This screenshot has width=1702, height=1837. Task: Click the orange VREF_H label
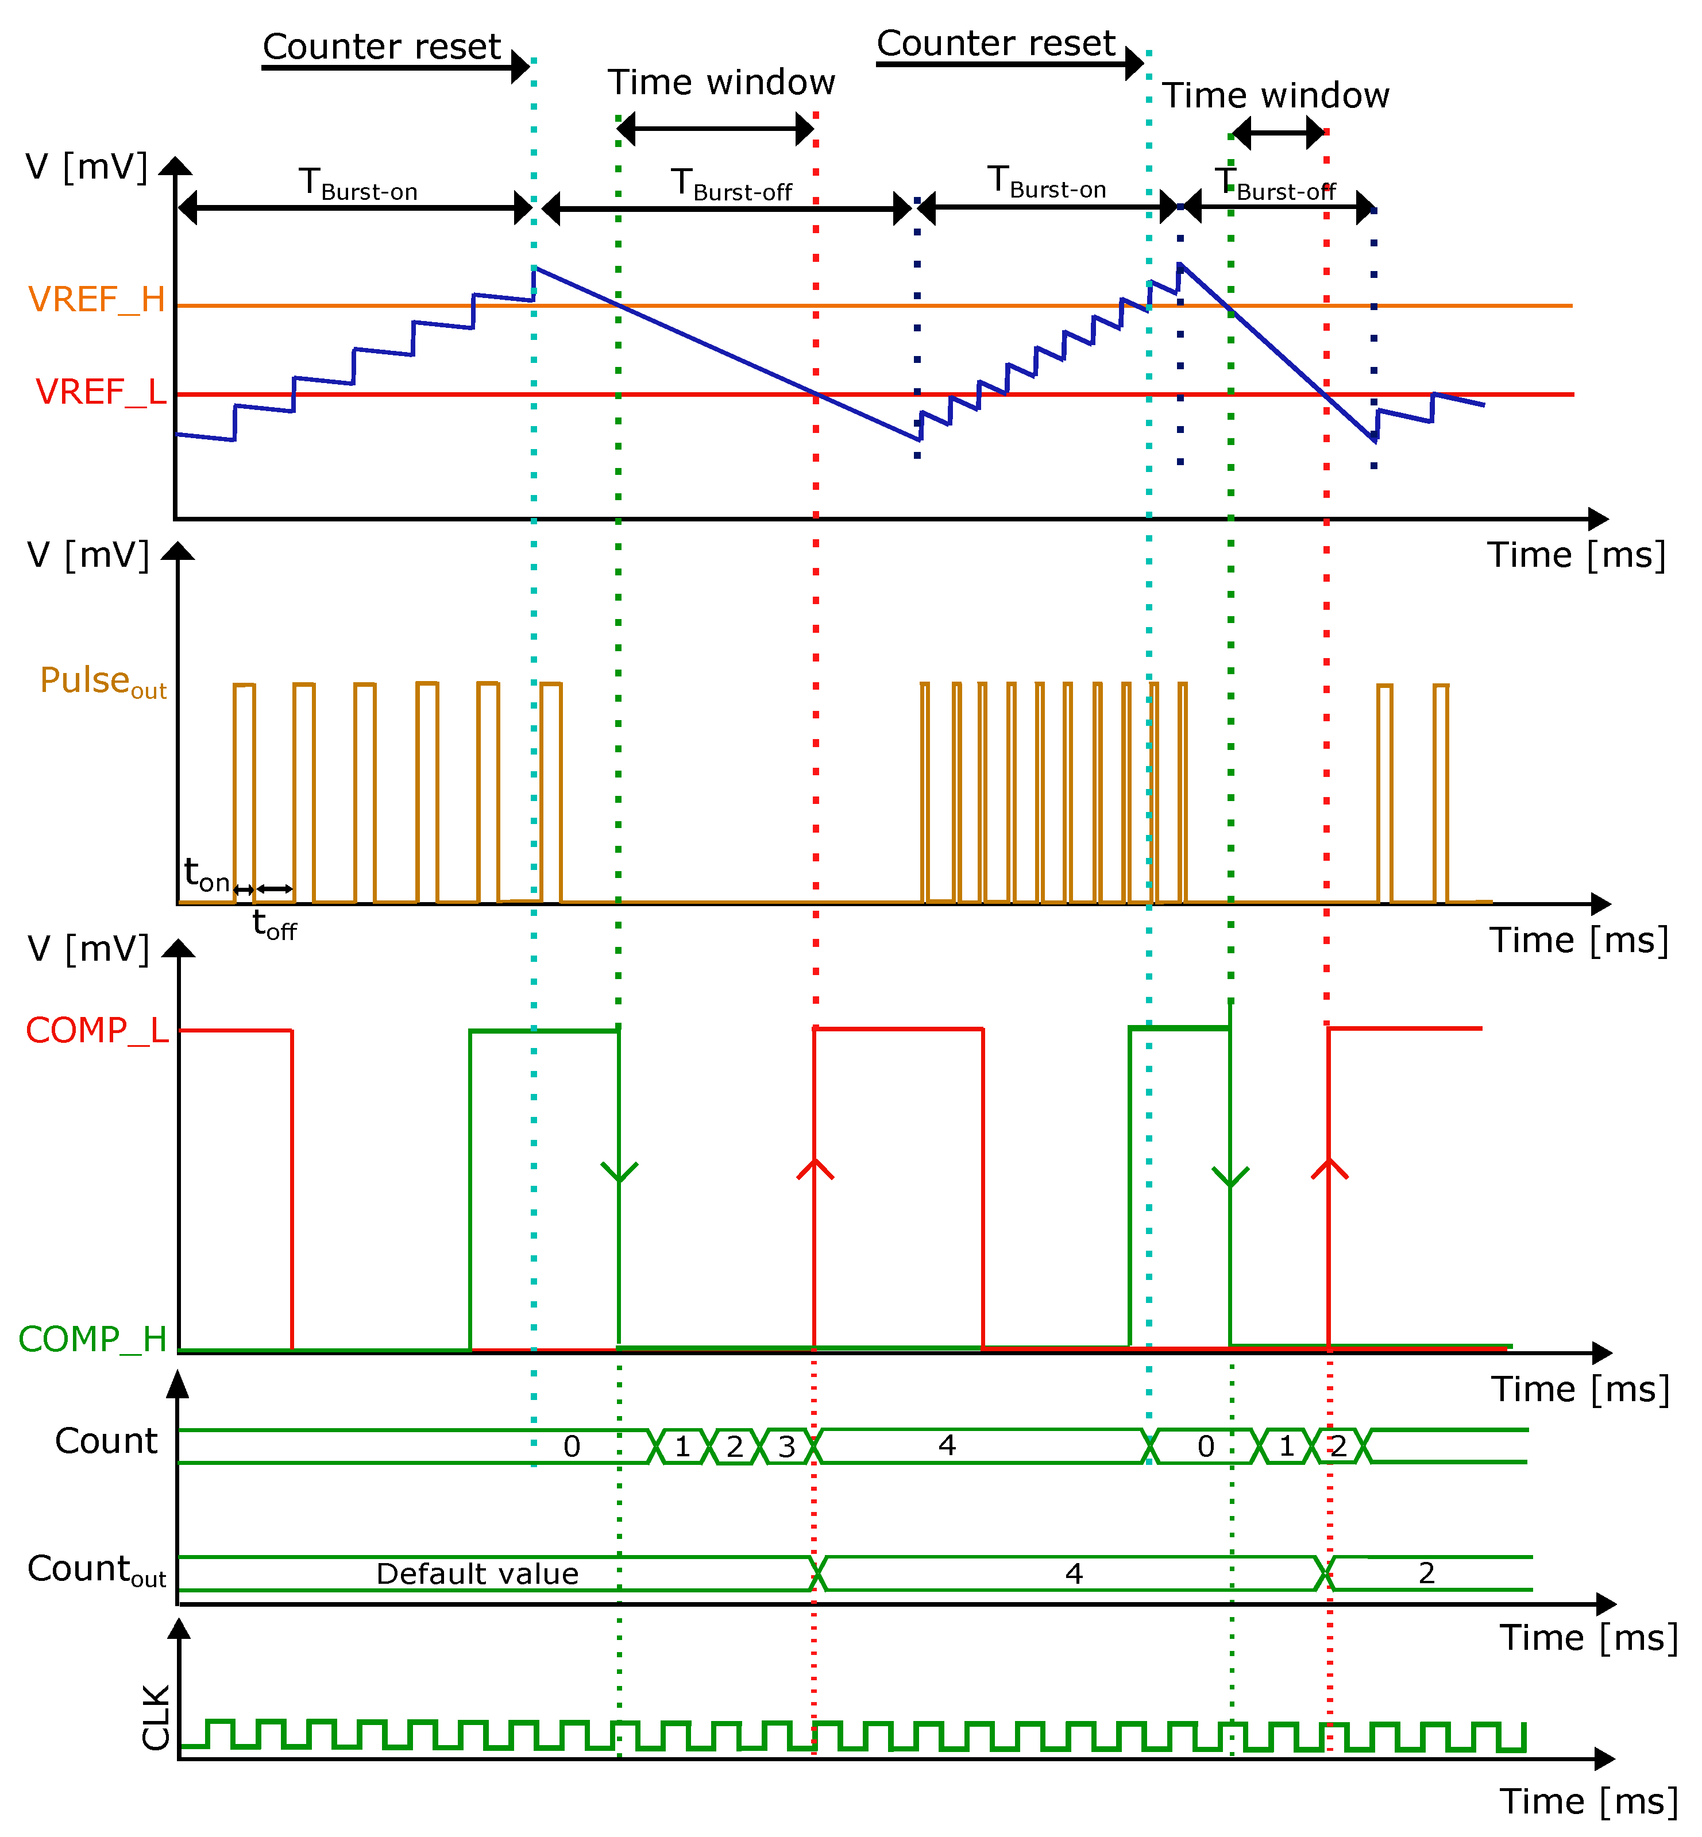coord(97,299)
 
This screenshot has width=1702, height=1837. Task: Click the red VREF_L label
coord(101,391)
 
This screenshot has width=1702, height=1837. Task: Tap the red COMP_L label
coord(97,1030)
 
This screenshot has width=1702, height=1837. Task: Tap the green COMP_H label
coord(92,1339)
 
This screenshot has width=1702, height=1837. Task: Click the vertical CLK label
coord(157,1718)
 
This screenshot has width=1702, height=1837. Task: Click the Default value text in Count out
coord(477,1573)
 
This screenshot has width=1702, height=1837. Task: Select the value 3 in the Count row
coord(786,1447)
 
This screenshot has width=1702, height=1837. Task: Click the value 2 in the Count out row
coord(1427,1573)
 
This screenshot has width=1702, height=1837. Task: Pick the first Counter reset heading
coord(381,46)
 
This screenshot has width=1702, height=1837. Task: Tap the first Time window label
coord(721,83)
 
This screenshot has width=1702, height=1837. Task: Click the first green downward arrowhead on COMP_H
coord(619,1173)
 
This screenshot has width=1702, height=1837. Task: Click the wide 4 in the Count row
coord(947,1446)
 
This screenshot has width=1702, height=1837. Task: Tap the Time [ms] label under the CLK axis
coord(1589,1801)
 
